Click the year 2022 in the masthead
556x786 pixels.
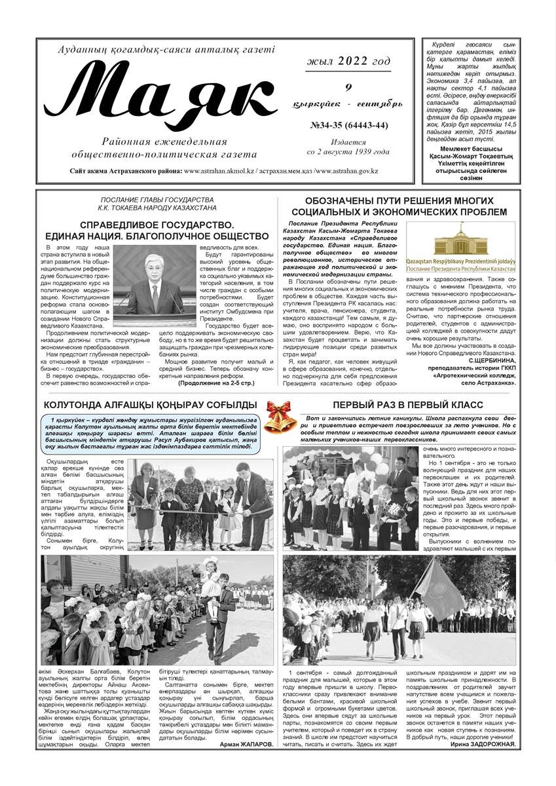tap(353, 62)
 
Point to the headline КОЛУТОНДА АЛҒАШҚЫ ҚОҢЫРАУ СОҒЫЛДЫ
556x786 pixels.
tap(145, 405)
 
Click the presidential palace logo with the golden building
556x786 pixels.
tap(460, 248)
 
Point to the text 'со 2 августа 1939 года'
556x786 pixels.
tap(348, 151)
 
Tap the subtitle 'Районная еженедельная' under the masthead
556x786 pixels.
tap(164, 142)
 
